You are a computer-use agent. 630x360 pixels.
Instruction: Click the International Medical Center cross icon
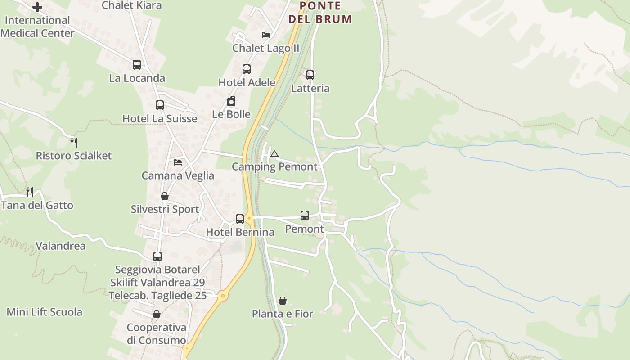pyautogui.click(x=37, y=7)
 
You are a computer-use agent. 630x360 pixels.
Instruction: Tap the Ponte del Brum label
pyautogui.click(x=320, y=13)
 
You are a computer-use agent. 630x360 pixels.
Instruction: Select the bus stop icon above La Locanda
pyautogui.click(x=137, y=65)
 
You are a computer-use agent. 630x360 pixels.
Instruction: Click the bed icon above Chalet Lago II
pyautogui.click(x=266, y=35)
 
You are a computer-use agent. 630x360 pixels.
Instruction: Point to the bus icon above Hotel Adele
pyautogui.click(x=247, y=69)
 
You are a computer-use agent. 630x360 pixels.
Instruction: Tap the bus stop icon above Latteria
pyautogui.click(x=310, y=75)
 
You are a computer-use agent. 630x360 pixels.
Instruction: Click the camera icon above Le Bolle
pyautogui.click(x=231, y=101)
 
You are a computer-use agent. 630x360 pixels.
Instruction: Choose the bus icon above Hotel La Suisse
pyautogui.click(x=160, y=105)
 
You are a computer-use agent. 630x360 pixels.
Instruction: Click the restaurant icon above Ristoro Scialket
pyautogui.click(x=74, y=143)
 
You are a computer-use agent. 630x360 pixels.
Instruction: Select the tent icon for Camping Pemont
pyautogui.click(x=274, y=154)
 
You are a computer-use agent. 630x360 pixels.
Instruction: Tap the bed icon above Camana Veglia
pyautogui.click(x=178, y=162)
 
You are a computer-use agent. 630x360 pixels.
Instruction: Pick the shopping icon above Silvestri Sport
pyautogui.click(x=165, y=197)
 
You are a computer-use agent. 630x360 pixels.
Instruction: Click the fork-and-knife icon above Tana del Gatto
pyautogui.click(x=30, y=192)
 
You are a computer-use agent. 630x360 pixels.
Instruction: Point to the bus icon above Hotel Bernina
pyautogui.click(x=240, y=219)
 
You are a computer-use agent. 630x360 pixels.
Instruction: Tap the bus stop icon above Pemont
pyautogui.click(x=305, y=216)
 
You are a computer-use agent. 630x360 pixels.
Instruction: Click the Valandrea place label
pyautogui.click(x=60, y=246)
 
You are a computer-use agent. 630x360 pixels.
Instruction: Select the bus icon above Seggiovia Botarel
pyautogui.click(x=157, y=256)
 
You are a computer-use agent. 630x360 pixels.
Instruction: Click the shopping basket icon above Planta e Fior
pyautogui.click(x=283, y=301)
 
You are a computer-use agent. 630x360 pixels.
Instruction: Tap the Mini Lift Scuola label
pyautogui.click(x=45, y=312)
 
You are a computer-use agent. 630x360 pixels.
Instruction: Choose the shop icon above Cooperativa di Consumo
pyautogui.click(x=157, y=314)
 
